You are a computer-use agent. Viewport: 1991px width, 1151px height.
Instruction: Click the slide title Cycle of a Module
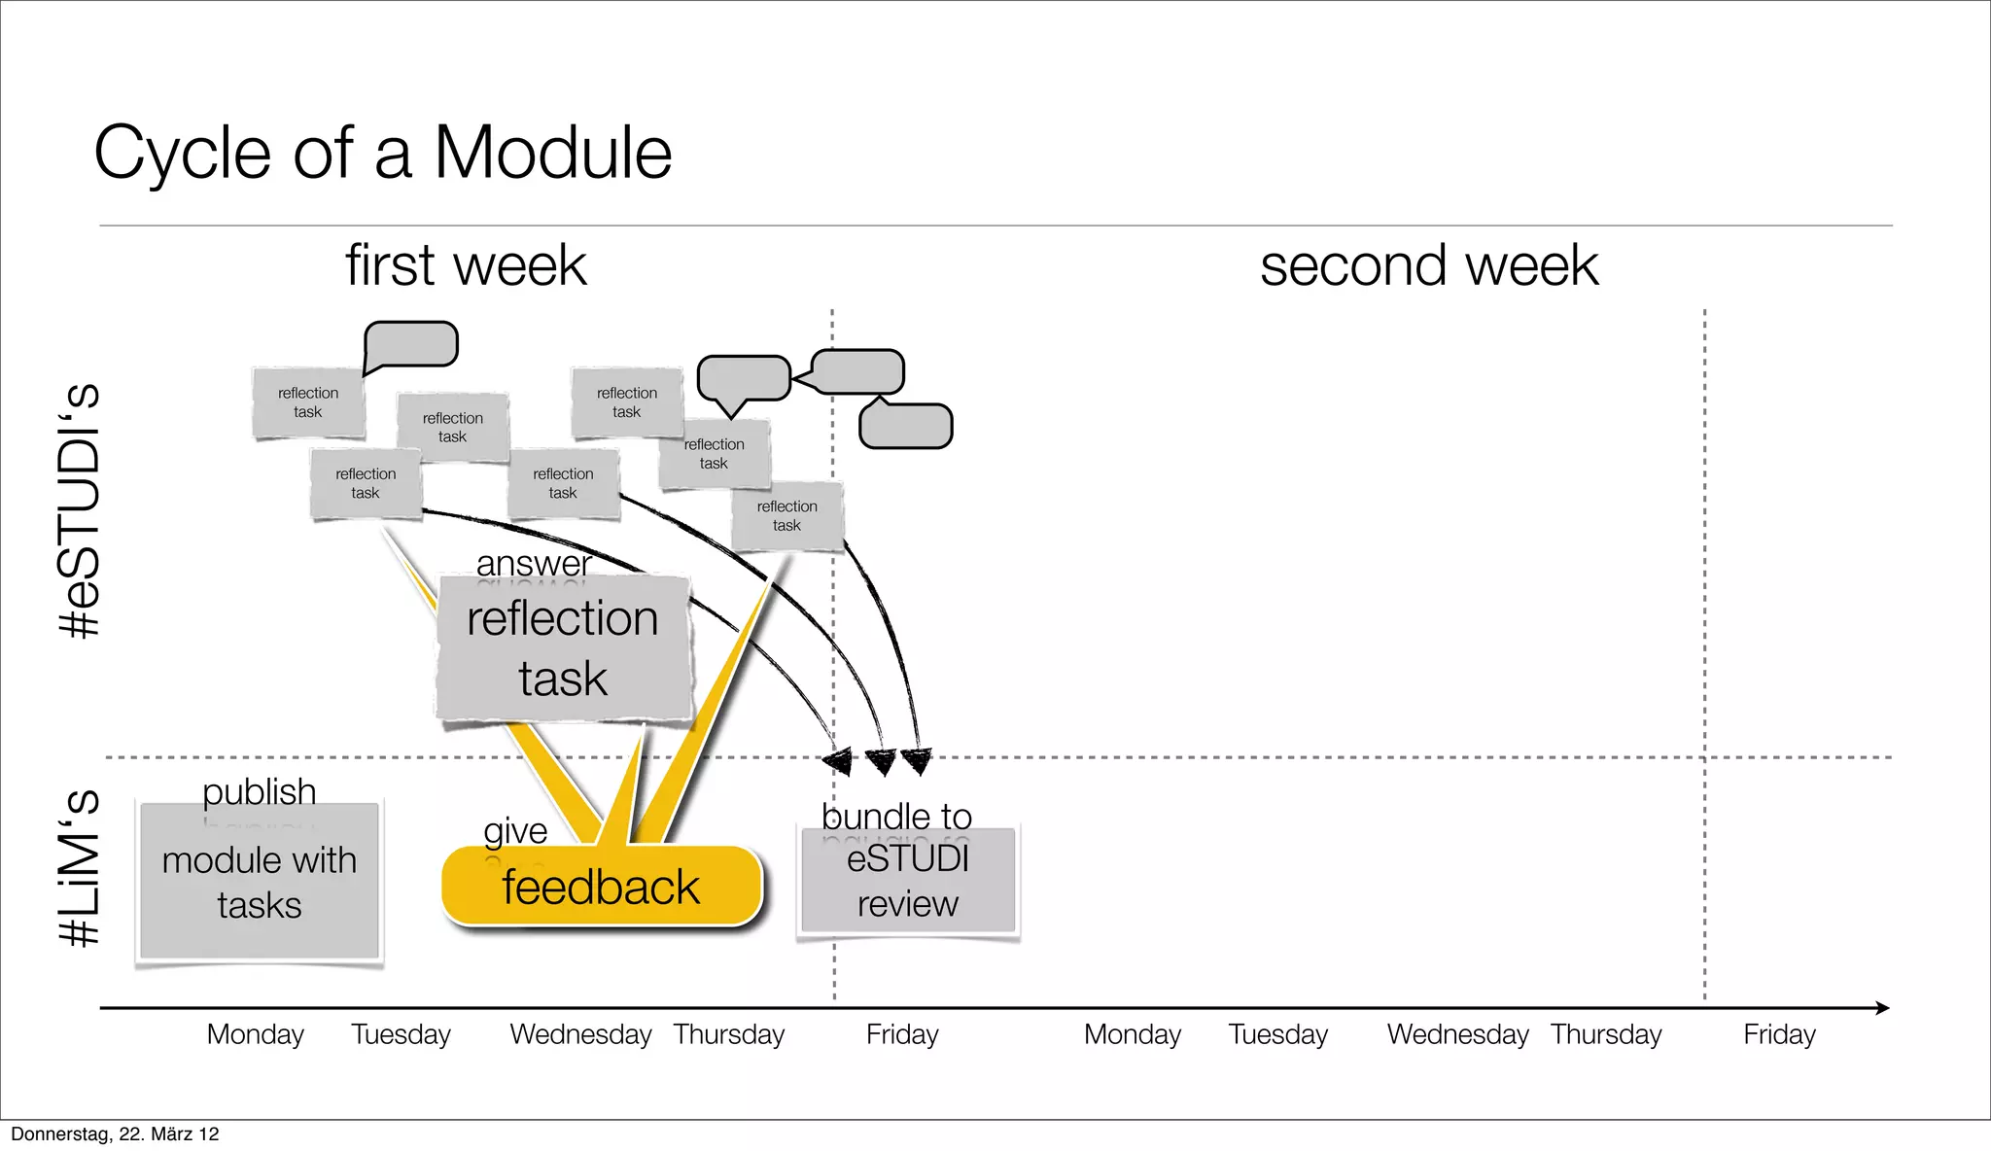coord(382,154)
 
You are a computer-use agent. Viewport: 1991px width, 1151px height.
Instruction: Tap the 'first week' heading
coord(466,265)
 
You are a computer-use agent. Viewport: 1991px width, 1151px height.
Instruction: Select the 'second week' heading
coord(1428,265)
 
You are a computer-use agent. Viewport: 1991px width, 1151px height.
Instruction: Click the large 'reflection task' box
coord(563,649)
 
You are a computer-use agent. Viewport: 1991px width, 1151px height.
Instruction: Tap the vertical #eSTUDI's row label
coord(81,510)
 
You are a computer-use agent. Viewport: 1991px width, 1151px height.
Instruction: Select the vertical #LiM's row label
coord(81,867)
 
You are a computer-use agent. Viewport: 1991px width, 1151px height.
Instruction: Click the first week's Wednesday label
coord(580,1034)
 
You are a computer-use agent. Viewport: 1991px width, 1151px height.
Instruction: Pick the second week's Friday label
coord(1778,1034)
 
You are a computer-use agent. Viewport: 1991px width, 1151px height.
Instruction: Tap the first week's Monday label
coord(255,1034)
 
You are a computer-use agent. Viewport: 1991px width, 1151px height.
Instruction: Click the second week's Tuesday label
coord(1277,1034)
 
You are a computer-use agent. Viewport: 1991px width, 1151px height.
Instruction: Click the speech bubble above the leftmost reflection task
coord(410,344)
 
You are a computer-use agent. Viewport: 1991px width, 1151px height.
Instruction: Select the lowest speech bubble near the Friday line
coord(905,426)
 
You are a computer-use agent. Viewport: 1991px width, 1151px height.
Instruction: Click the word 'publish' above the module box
coord(259,791)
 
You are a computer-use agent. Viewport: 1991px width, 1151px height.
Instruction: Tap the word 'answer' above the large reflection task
coord(534,563)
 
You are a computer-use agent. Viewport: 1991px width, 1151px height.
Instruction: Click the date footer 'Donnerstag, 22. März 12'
coord(115,1134)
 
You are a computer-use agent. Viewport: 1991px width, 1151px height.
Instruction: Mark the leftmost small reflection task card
coord(308,402)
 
